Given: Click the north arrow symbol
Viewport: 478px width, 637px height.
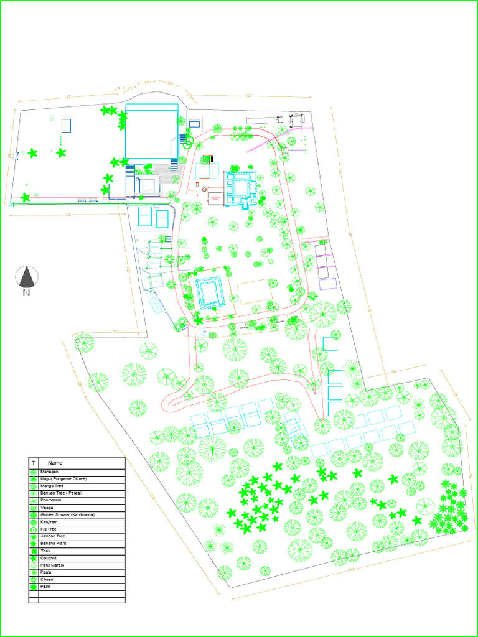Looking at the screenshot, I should coord(26,276).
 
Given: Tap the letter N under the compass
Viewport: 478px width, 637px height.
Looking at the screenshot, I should coord(26,293).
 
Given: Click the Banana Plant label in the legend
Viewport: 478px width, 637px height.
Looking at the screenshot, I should coord(53,544).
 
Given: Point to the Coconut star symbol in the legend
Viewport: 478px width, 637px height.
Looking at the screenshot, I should coord(33,558).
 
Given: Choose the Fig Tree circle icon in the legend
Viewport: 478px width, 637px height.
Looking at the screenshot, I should coord(33,529).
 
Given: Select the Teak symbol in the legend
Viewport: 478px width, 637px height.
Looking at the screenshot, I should coord(33,551).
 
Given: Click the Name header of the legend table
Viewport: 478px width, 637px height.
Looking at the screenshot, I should coord(55,463).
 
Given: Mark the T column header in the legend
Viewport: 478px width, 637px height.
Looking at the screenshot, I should coord(33,463).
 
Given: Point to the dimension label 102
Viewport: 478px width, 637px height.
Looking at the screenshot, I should coord(67,215).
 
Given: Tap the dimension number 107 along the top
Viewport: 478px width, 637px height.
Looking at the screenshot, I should coord(248,96).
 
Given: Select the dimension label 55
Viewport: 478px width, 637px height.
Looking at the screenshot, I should coord(116,332).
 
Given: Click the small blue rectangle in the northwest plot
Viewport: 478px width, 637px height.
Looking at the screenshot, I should coord(66,125).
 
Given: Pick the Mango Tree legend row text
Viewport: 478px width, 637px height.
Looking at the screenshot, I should coord(52,486).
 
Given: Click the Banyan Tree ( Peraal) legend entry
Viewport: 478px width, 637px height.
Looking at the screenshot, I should coord(61,493).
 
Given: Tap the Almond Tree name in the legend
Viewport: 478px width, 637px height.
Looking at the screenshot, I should coord(53,536).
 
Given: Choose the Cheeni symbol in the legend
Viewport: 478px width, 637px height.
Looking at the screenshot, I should coord(33,580).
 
